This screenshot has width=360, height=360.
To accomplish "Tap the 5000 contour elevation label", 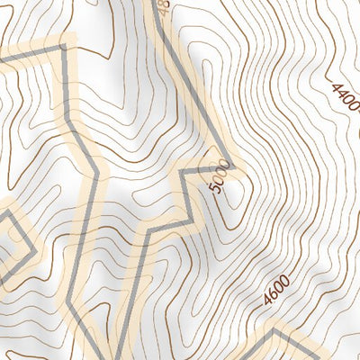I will (x=217, y=175).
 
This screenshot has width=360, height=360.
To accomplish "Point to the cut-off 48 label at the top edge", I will (x=162, y=9).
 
